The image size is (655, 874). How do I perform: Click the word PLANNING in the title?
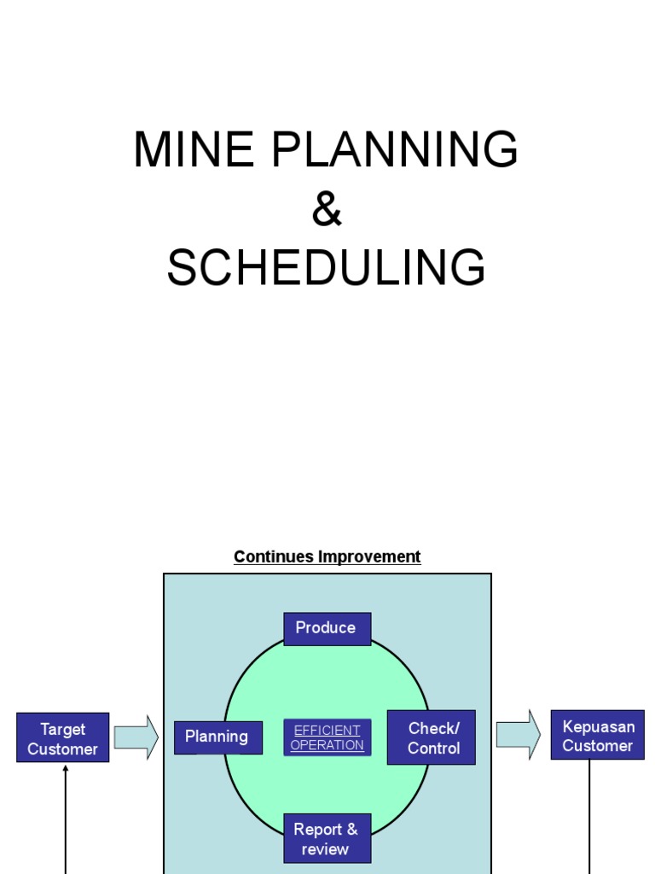pos(395,151)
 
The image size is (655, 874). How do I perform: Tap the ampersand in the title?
pos(327,209)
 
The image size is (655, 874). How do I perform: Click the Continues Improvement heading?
pos(327,556)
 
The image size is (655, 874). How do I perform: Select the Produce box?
pos(327,628)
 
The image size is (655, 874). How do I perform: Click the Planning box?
pos(217,737)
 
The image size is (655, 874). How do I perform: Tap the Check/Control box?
pos(432,737)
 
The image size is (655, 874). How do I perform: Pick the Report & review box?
pos(327,838)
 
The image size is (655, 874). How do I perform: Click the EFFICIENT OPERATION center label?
pos(327,737)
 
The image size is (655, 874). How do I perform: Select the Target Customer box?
pos(63,738)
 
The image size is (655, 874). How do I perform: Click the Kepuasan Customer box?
pos(597,736)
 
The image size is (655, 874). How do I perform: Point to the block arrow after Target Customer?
pos(136,737)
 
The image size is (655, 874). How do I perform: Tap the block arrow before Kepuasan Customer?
pos(519,734)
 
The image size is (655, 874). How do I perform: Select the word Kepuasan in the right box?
pos(599,726)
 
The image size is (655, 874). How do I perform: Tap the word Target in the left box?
pos(63,729)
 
